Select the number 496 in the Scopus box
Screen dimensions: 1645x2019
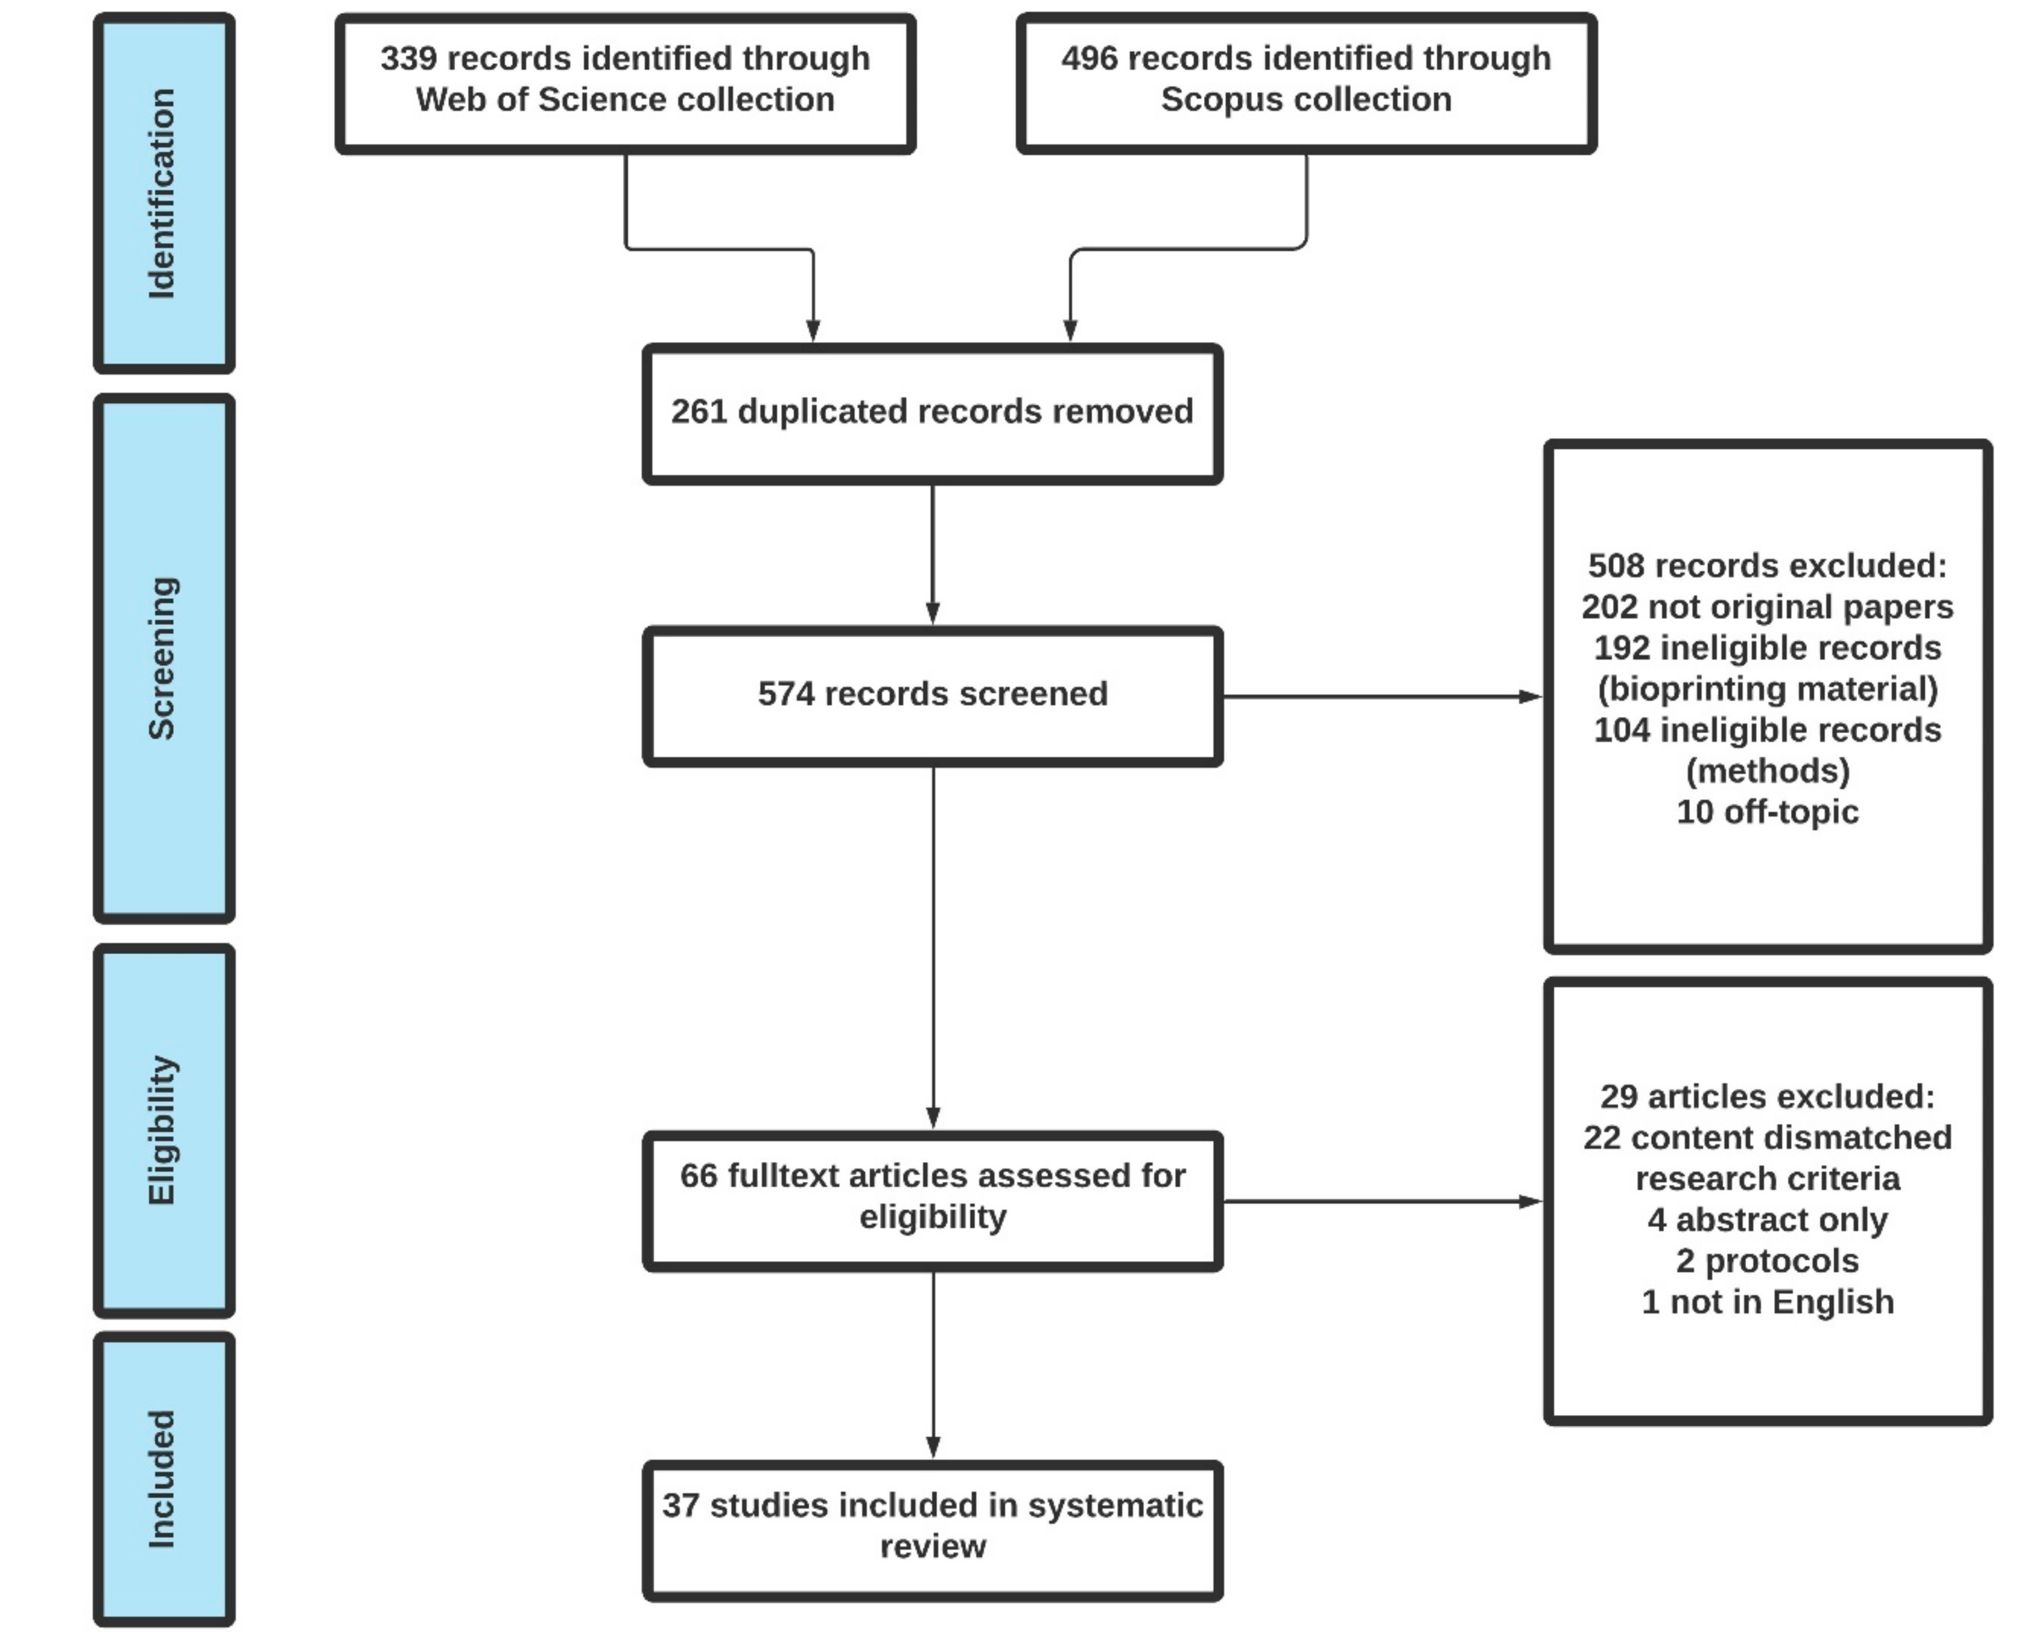pos(1090,59)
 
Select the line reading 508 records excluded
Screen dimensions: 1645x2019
pos(1767,566)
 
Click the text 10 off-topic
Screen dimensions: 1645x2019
pos(1767,812)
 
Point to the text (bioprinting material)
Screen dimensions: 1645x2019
pos(1767,689)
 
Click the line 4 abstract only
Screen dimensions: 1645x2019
pos(1767,1220)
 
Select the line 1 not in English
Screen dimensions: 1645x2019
pos(1767,1302)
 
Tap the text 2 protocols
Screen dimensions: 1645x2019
pos(1767,1261)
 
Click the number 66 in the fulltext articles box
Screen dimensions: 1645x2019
pos(698,1176)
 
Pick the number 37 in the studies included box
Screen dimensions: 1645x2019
pos(680,1505)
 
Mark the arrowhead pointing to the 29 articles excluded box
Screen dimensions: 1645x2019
pos(1529,1201)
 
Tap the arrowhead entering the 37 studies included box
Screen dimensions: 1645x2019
pos(933,1447)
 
